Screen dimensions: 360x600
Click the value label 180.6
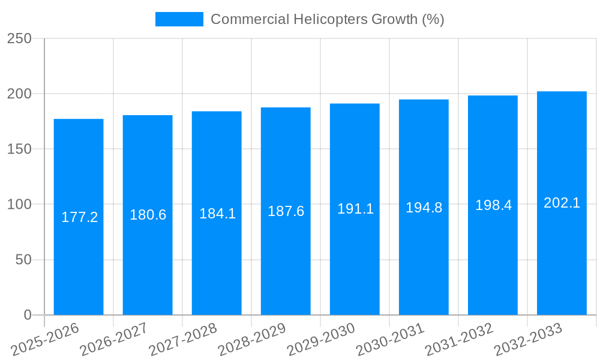148,215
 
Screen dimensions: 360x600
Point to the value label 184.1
217,213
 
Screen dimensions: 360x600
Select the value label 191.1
355,209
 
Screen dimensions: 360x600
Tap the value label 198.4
493,205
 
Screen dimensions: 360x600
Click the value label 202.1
562,203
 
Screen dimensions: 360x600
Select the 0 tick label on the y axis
27,315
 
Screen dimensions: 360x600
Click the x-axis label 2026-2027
113,340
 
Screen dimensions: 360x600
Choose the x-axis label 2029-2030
320,340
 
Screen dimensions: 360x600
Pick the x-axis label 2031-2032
458,340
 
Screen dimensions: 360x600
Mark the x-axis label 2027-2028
182,340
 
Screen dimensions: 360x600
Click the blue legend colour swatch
179,19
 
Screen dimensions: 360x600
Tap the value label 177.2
79,217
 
